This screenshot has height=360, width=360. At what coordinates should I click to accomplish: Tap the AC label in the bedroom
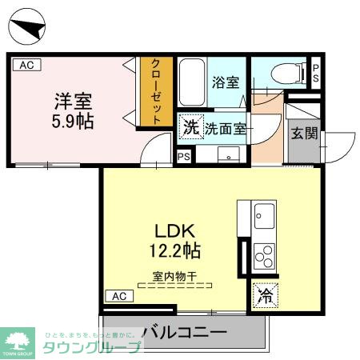(x=26, y=66)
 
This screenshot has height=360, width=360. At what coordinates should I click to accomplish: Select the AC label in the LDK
(x=118, y=296)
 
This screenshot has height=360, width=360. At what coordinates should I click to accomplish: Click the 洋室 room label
(x=73, y=102)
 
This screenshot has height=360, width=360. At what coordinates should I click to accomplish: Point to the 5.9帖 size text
(x=73, y=122)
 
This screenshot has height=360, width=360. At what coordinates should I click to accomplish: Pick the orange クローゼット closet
(x=156, y=90)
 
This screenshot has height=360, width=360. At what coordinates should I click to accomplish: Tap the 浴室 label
(x=226, y=82)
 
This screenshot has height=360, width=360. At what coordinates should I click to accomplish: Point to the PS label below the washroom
(x=184, y=156)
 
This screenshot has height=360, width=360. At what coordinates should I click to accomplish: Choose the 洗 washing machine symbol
(x=190, y=126)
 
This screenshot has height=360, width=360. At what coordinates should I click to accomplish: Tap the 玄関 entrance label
(x=304, y=134)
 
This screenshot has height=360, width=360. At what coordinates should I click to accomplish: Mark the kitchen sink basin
(x=264, y=214)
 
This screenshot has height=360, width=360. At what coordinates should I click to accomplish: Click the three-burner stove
(x=263, y=256)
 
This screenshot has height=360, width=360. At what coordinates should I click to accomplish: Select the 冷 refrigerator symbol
(x=264, y=294)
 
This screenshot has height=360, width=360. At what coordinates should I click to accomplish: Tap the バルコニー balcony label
(x=184, y=332)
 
